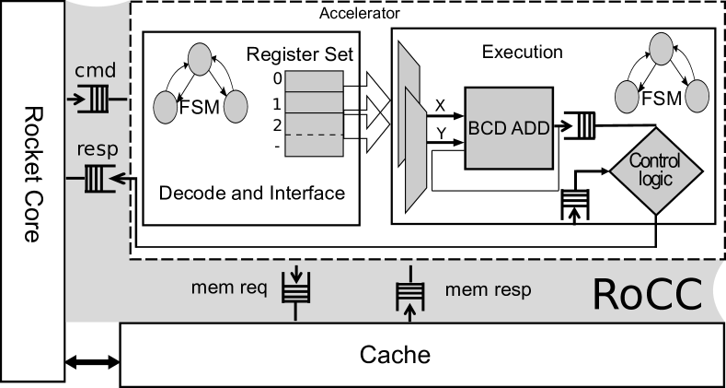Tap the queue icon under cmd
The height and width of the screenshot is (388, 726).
pyautogui.click(x=93, y=98)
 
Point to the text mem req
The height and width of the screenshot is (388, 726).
pyautogui.click(x=228, y=288)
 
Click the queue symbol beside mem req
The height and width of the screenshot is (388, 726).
pyautogui.click(x=296, y=291)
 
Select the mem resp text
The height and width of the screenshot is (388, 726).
pyautogui.click(x=488, y=289)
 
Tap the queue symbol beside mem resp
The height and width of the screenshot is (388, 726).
pyautogui.click(x=409, y=294)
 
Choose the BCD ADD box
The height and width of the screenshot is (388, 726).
pyautogui.click(x=509, y=128)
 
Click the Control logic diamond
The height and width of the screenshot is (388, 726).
pyautogui.click(x=656, y=170)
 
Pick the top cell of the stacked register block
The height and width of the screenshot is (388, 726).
pyautogui.click(x=314, y=81)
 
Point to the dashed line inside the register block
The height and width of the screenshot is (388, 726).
pyautogui.click(x=314, y=135)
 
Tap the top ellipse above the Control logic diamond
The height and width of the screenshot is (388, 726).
pyautogui.click(x=662, y=49)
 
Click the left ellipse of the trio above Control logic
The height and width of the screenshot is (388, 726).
pyautogui.click(x=627, y=96)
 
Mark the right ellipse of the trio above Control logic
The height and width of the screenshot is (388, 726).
pyautogui.click(x=697, y=96)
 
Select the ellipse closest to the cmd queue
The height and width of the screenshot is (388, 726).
pyautogui.click(x=165, y=107)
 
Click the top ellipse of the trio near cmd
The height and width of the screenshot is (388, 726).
pyautogui.click(x=200, y=59)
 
